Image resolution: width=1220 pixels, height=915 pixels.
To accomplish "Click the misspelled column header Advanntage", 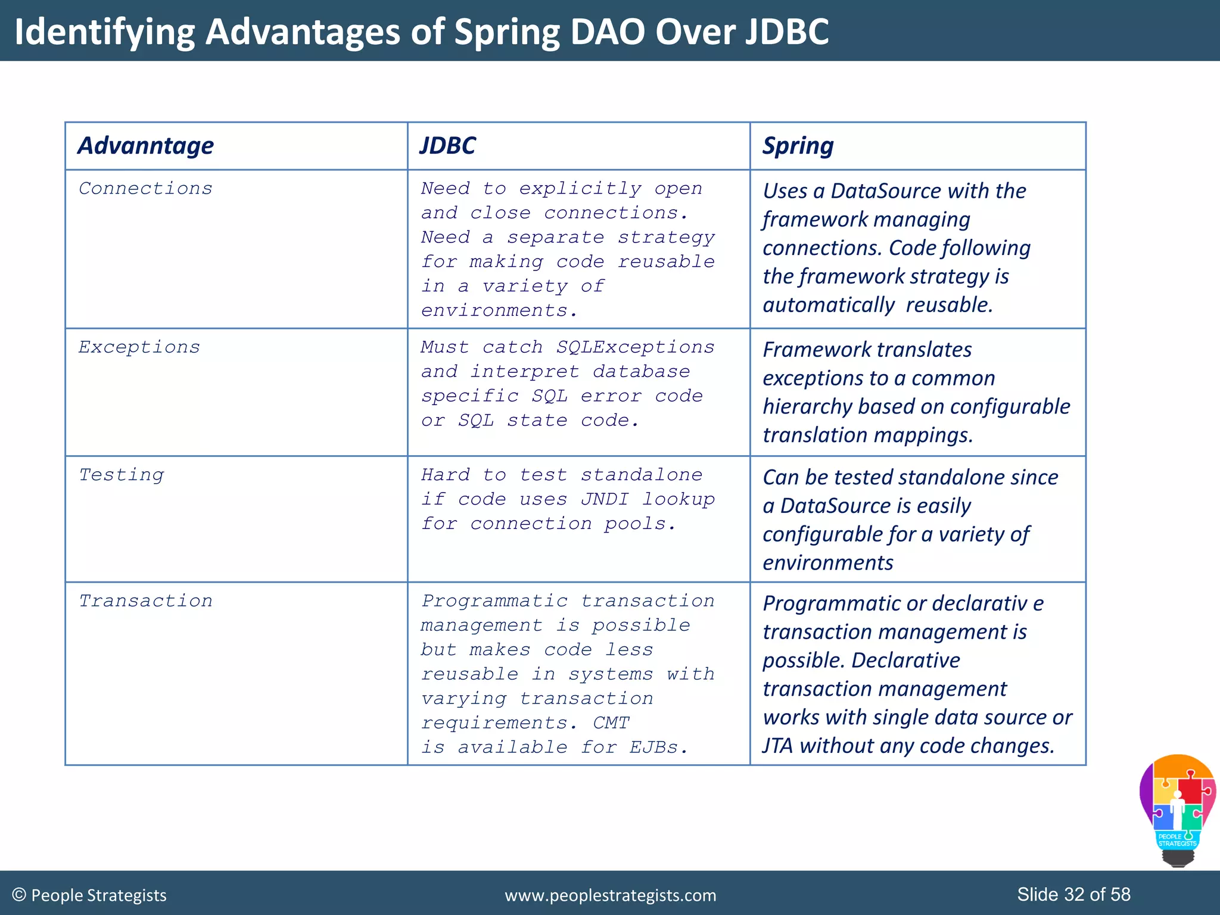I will (145, 146).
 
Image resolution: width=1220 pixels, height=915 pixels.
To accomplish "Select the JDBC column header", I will (447, 146).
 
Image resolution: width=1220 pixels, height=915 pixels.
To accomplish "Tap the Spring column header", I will (798, 146).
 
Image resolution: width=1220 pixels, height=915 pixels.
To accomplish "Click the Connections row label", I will (145, 188).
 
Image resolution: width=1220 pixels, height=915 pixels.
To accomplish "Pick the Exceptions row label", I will (139, 347).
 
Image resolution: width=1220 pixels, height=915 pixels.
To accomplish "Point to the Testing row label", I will (122, 475).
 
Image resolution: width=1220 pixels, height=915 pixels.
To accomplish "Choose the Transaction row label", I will (145, 600).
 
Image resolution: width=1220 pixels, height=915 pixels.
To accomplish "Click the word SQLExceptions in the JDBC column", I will (635, 347).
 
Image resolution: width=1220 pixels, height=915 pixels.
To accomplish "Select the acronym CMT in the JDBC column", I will (611, 723).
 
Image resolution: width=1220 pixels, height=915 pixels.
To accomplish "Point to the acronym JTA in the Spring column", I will (778, 746).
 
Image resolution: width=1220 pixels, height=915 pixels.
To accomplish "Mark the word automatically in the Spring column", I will (828, 305).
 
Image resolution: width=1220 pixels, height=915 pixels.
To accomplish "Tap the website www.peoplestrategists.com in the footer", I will (610, 895).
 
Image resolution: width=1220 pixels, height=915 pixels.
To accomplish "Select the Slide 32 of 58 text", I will (1073, 894).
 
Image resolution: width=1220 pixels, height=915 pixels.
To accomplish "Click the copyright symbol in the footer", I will (19, 895).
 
